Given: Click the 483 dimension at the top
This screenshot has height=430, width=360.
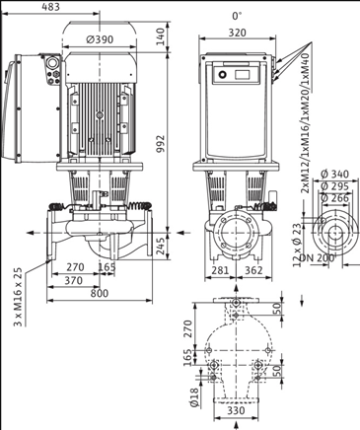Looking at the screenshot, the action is click(x=51, y=7).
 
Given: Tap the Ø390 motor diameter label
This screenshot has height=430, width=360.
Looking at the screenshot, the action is click(x=100, y=39).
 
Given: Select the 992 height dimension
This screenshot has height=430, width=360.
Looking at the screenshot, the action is click(x=160, y=143).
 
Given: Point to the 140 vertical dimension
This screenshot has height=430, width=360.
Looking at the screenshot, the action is click(x=160, y=36).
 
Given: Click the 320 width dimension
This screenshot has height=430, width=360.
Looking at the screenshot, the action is click(x=237, y=33).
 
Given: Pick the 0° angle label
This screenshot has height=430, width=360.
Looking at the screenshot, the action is click(x=237, y=16).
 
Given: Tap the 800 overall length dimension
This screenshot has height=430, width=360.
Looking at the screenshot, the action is click(x=99, y=293).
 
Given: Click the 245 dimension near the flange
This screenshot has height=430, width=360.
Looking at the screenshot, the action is click(x=160, y=247).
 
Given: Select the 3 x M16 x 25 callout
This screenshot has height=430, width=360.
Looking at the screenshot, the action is click(x=19, y=297).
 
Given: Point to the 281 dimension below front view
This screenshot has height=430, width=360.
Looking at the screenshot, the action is click(x=220, y=270).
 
